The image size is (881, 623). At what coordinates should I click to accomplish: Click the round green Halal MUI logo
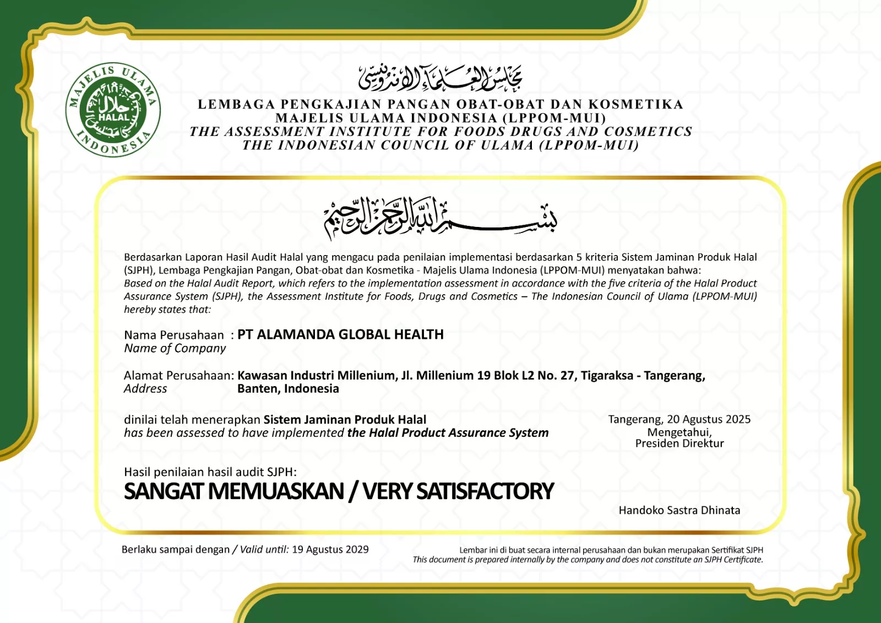[113, 110]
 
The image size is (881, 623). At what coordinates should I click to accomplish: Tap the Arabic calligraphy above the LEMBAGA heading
[440, 78]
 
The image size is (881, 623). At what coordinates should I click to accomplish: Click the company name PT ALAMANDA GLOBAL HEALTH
[340, 334]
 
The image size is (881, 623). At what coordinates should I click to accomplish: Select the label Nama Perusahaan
[174, 335]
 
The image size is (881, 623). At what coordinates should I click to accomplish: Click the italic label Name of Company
[175, 348]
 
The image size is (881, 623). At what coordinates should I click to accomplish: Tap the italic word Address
[145, 389]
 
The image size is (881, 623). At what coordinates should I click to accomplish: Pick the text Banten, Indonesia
[288, 389]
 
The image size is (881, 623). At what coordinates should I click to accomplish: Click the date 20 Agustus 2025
[709, 419]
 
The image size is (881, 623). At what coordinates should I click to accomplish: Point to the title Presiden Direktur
[679, 443]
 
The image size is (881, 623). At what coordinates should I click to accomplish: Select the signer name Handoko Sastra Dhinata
[679, 510]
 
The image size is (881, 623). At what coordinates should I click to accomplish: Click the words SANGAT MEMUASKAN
[234, 491]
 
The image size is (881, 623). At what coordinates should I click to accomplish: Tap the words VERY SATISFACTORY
[458, 491]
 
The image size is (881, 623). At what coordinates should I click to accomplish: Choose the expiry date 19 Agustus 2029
[330, 549]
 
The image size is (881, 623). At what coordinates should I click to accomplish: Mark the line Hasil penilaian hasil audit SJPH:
[210, 472]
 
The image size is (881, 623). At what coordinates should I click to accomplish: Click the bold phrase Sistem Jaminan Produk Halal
[345, 420]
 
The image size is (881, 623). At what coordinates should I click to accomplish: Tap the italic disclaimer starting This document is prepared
[588, 560]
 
